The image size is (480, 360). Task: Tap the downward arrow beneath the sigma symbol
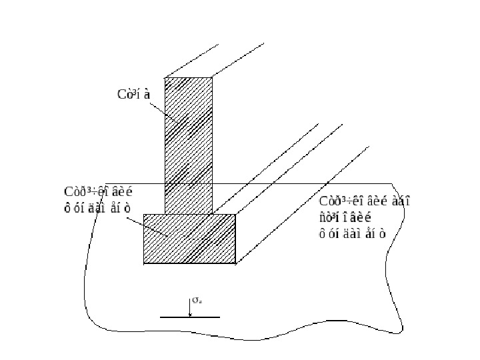click(190, 309)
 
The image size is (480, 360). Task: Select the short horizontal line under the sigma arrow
click(190, 317)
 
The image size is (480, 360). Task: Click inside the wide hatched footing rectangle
click(190, 239)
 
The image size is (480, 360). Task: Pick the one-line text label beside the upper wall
click(134, 93)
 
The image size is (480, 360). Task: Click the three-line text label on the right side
click(363, 216)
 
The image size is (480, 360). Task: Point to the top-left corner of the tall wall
click(165, 78)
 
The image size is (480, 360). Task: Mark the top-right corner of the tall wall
click(213, 78)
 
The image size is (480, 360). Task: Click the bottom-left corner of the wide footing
click(144, 264)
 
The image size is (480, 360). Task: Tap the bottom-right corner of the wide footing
click(236, 264)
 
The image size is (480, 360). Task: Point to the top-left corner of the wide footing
click(144, 214)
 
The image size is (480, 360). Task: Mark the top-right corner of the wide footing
click(236, 214)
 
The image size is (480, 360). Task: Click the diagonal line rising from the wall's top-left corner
click(192, 61)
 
